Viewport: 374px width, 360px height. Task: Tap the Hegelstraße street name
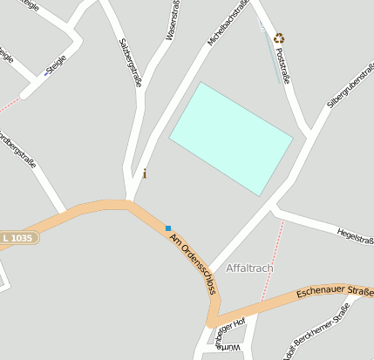(355, 234)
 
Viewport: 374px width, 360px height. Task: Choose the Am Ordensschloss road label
(193, 262)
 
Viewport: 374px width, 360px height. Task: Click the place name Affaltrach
(249, 268)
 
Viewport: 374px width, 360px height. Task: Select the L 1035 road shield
(18, 237)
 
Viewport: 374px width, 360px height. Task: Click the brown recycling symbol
(279, 37)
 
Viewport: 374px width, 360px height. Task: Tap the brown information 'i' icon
(144, 173)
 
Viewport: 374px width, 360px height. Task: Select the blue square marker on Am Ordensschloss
(168, 228)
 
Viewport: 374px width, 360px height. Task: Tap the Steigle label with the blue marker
(55, 65)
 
